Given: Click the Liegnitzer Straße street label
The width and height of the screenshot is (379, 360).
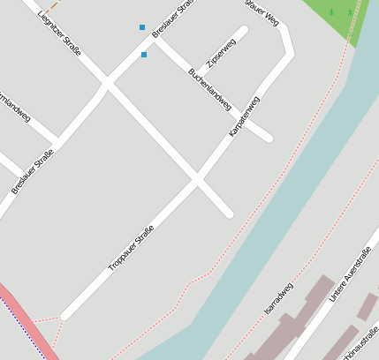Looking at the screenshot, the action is [x=57, y=31].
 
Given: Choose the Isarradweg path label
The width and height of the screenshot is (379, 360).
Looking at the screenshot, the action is [x=278, y=298].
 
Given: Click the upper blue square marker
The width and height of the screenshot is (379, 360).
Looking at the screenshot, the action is [x=142, y=27].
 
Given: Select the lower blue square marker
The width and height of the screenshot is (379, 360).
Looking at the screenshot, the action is [x=144, y=55].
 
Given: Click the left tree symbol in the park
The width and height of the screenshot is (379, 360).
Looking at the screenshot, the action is [x=331, y=12].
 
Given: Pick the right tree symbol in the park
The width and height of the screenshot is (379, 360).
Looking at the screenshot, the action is [x=350, y=12].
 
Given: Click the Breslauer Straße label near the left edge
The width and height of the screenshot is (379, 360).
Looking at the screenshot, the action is [x=32, y=172].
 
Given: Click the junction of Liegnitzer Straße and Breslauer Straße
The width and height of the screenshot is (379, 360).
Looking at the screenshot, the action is [x=107, y=85].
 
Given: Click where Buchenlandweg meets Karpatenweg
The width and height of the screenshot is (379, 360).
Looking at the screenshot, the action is [x=253, y=123].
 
